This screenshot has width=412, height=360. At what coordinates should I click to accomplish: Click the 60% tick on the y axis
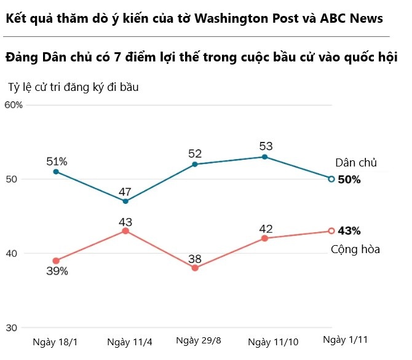(14, 105)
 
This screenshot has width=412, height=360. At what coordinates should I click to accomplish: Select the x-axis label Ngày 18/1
(56, 342)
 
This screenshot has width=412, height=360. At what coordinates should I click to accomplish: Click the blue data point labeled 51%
(56, 171)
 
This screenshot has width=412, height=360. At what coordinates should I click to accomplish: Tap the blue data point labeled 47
(125, 201)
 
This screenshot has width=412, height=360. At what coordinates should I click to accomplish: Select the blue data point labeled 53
(264, 157)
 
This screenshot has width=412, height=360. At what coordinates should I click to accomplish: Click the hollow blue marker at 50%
(331, 179)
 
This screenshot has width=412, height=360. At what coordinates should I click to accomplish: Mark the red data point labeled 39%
(56, 260)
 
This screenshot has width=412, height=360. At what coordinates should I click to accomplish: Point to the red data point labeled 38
(195, 268)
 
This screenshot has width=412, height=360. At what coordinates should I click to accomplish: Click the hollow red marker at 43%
(331, 231)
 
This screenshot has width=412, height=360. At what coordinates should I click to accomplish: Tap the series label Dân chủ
(355, 163)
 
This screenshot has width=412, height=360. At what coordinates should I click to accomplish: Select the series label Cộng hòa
(355, 249)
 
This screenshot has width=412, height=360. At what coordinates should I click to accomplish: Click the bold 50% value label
(349, 179)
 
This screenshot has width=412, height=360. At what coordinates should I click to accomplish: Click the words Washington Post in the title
(245, 18)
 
